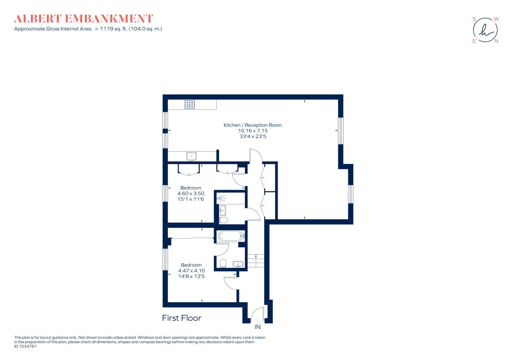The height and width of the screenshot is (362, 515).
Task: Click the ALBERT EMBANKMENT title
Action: click(x=83, y=19)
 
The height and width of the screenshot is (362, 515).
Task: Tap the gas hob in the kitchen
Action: click(x=190, y=104)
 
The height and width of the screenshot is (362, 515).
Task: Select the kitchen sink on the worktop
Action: click(x=191, y=156)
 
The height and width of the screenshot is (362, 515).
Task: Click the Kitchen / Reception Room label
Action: click(x=252, y=125)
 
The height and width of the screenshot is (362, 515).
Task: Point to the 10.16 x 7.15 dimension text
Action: click(x=253, y=131)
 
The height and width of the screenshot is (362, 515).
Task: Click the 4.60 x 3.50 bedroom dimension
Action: click(x=191, y=194)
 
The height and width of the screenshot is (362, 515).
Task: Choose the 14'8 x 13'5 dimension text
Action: click(x=191, y=276)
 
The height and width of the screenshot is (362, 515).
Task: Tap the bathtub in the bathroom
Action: click(x=231, y=236)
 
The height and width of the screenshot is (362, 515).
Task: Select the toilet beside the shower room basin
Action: click(x=223, y=220)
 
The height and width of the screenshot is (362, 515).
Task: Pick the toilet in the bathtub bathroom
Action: click(x=223, y=263)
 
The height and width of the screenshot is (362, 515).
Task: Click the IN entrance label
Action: click(x=257, y=327)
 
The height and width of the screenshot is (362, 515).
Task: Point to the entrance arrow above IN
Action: click(x=257, y=321)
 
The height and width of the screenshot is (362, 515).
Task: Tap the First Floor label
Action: click(x=182, y=318)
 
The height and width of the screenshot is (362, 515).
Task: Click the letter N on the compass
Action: click(x=496, y=41)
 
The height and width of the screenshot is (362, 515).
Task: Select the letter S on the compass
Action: click(x=474, y=19)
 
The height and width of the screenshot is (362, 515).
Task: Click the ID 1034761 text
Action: click(x=25, y=346)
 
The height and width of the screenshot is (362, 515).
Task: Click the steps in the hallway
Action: click(x=256, y=261)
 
